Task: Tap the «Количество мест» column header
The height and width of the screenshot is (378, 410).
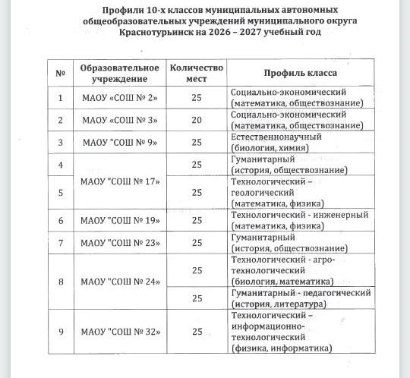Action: tap(197, 73)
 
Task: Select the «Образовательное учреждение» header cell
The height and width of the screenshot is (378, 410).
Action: tap(119, 73)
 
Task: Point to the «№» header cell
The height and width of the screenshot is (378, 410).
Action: tap(60, 73)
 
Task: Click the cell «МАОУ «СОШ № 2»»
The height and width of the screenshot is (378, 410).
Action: tap(119, 97)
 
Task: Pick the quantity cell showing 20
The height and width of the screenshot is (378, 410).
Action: tap(197, 120)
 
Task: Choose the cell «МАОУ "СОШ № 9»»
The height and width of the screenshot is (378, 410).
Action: tap(119, 142)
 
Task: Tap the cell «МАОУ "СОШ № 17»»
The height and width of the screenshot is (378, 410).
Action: tap(119, 182)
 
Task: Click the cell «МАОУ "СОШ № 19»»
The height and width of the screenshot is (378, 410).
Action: tap(119, 220)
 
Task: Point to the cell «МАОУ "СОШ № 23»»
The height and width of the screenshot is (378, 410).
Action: tap(119, 243)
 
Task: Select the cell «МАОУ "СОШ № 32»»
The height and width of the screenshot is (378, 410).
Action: tap(119, 332)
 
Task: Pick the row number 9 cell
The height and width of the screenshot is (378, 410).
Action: tap(60, 332)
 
